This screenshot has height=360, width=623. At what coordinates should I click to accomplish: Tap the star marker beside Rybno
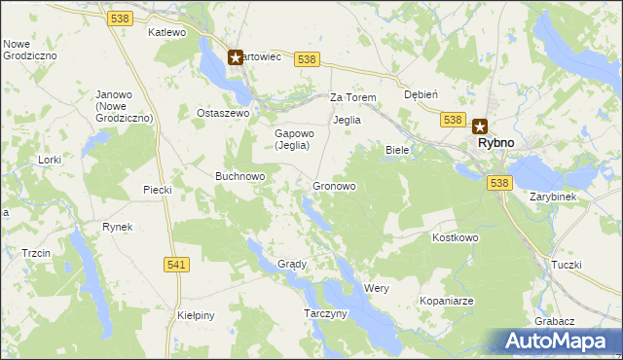tap(479, 126)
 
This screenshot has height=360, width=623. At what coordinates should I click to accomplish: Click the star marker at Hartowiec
tap(235, 57)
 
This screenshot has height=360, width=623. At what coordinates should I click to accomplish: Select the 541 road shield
tap(176, 265)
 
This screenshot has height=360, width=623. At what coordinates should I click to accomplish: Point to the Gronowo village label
tap(333, 185)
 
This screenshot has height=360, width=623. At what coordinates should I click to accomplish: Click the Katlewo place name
tap(166, 32)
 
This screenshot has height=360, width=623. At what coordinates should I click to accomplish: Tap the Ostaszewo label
tap(224, 113)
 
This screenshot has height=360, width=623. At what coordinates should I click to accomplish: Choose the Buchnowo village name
tap(240, 176)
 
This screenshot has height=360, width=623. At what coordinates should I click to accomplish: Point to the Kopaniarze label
tap(447, 302)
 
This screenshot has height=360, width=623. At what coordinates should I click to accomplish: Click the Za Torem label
tap(352, 98)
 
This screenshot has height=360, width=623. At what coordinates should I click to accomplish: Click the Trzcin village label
tap(36, 253)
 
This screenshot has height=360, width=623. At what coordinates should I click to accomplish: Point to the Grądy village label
tap(292, 264)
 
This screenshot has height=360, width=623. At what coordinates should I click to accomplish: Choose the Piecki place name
tap(157, 190)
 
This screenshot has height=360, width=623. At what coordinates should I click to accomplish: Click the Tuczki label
tap(566, 265)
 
